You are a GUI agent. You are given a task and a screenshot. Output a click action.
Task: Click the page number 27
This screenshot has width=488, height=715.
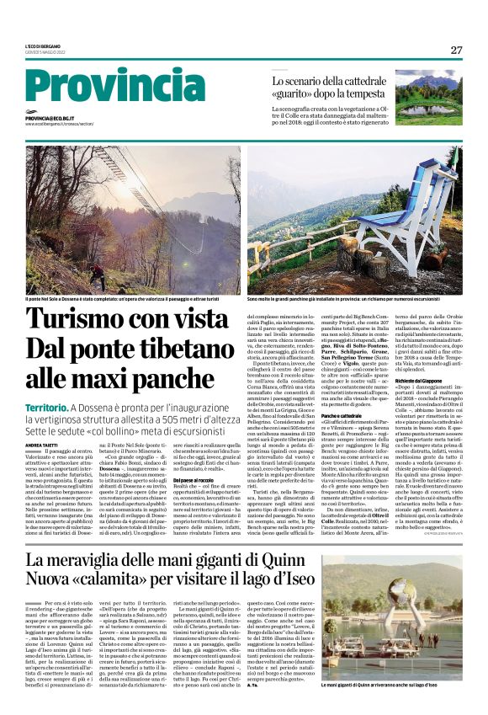(x=456, y=50)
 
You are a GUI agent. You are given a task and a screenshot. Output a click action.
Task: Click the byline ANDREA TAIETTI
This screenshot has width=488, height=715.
(x=44, y=445)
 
